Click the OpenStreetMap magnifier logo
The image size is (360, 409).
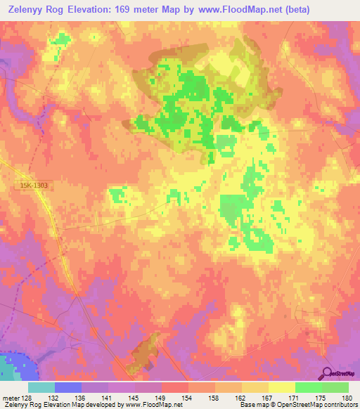[328, 375]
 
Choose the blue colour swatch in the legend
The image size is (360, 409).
[68, 387]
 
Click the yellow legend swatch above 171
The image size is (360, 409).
[281, 387]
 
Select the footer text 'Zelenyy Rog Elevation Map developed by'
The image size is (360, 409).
[59, 405]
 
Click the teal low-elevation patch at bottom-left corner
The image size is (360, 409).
[13, 366]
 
